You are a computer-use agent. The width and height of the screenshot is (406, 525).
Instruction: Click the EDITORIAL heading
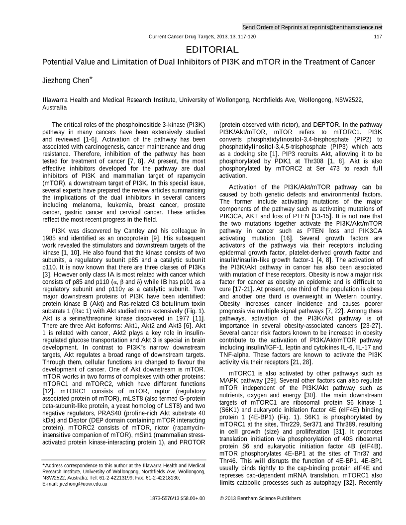[212, 50]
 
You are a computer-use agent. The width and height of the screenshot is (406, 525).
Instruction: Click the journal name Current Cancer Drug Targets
[183, 37]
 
